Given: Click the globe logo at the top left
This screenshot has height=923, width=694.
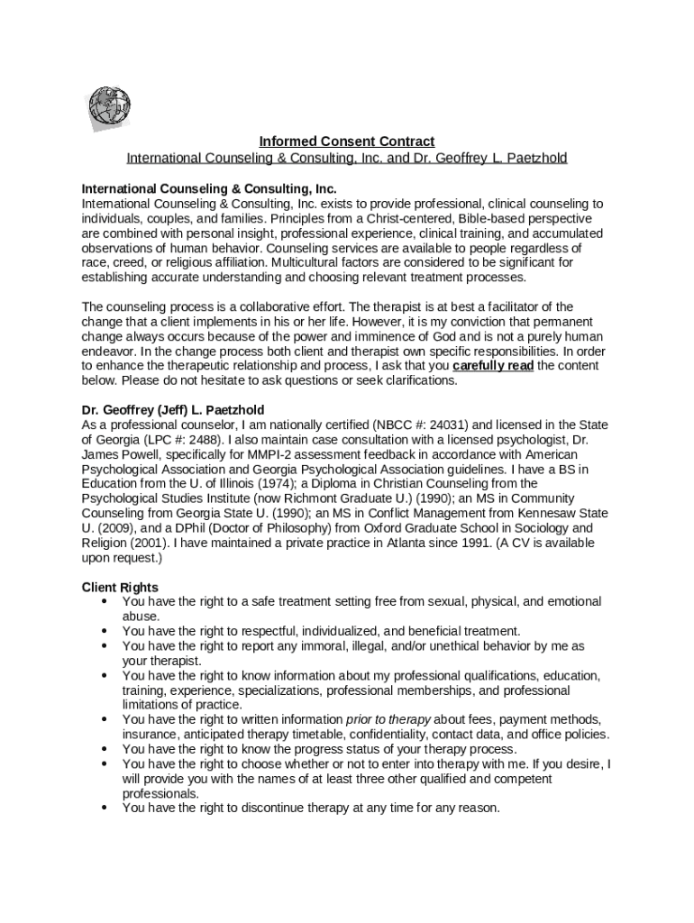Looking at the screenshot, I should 109,109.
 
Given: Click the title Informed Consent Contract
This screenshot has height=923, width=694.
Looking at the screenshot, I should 347,142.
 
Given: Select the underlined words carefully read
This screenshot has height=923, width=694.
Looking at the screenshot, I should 493,366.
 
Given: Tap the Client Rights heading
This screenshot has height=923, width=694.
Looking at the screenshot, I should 120,587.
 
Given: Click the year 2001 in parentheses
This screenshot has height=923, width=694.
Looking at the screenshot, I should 147,544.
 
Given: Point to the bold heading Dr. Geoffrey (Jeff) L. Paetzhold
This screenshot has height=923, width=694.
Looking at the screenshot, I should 173,410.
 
